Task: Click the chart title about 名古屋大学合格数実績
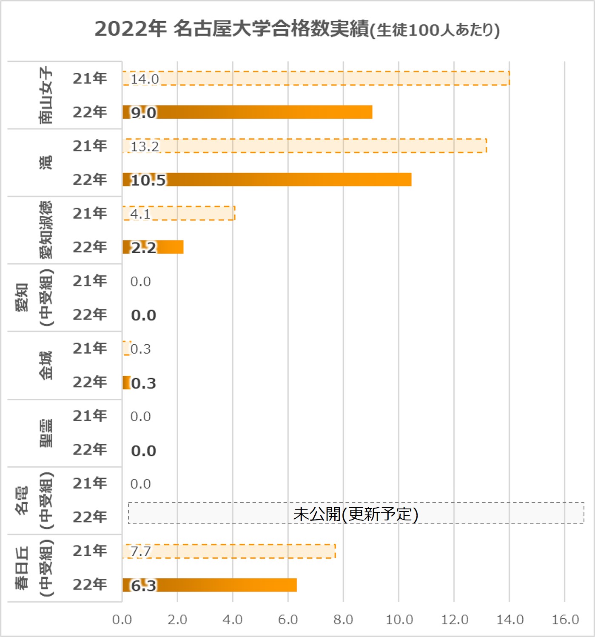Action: (x=297, y=29)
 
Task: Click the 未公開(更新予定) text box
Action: (x=356, y=514)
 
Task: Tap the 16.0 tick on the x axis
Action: (x=565, y=620)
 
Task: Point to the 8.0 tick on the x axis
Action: (x=343, y=620)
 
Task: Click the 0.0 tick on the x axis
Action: (x=122, y=620)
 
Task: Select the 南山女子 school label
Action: (x=46, y=95)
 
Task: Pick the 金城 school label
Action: (x=46, y=365)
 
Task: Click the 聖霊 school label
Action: (x=46, y=433)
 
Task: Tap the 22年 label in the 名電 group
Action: (x=90, y=517)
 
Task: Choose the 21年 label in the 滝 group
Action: (x=90, y=146)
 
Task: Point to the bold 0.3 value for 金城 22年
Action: (x=143, y=383)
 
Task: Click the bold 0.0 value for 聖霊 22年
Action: (x=143, y=451)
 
